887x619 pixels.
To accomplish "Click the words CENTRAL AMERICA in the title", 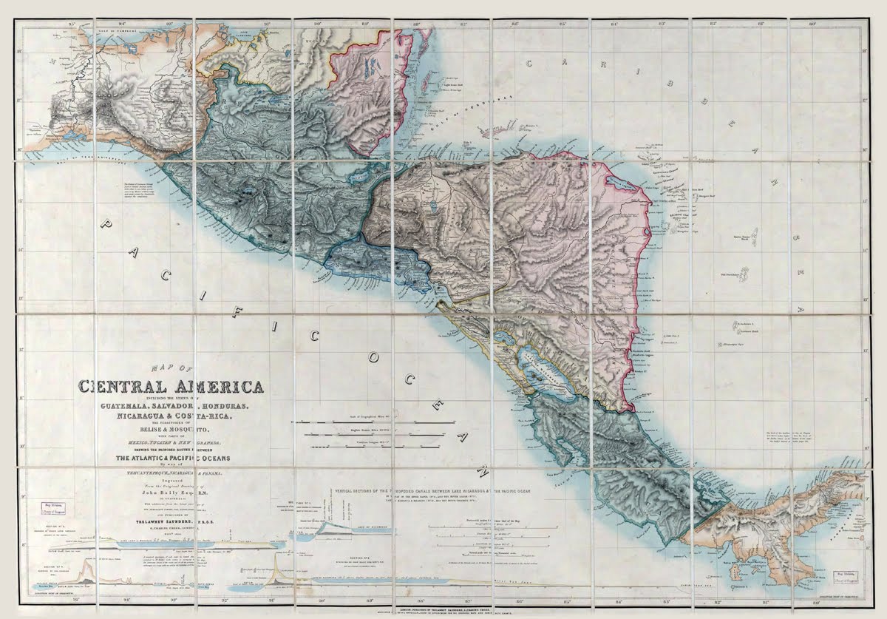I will point(171,387).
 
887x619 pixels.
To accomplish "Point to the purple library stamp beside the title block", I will point(49,510).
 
